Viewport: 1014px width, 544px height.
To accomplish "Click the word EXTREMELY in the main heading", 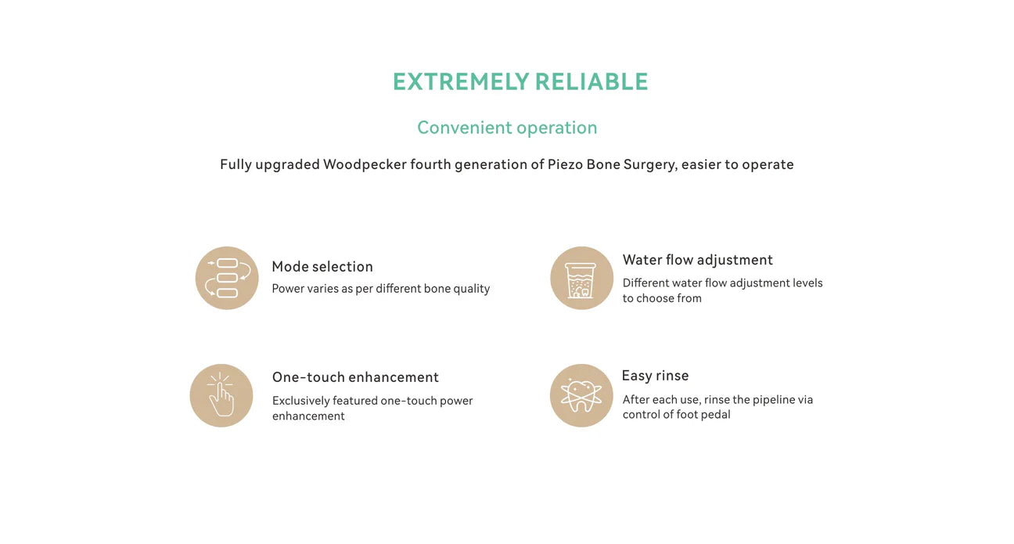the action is [x=460, y=82].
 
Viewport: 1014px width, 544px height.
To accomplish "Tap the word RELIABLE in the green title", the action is [x=591, y=82].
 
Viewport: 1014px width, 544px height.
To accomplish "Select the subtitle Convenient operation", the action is [x=507, y=128].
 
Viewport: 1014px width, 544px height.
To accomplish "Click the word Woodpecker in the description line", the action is [x=365, y=164].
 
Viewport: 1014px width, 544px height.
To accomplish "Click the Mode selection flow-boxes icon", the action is [x=227, y=278].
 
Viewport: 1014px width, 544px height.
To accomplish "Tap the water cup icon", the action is [x=581, y=278].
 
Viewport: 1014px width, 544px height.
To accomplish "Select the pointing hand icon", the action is [x=221, y=395].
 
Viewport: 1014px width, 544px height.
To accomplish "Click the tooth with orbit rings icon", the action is [x=581, y=395].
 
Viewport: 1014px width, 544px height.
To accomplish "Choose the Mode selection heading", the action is [x=322, y=267].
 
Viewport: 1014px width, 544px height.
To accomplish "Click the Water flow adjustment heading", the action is [x=698, y=260].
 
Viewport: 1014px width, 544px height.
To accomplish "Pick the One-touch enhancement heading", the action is [x=355, y=377].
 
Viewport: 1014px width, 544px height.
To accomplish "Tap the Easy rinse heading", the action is [x=655, y=376].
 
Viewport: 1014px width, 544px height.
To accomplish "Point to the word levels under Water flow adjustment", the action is [x=807, y=283].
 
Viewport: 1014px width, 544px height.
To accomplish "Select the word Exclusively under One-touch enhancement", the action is [x=300, y=401].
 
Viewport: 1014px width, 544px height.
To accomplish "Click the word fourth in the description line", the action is [x=430, y=164].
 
